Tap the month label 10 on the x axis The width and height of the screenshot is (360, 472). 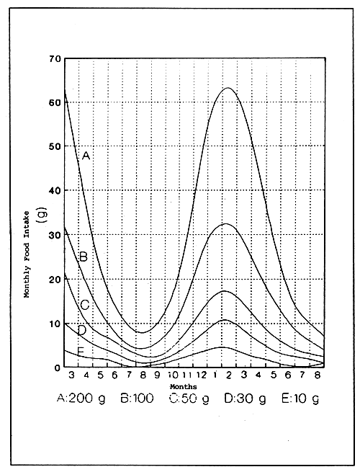point(174,375)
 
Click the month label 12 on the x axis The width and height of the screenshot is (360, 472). point(204,375)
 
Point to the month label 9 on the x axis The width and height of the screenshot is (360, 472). point(158,375)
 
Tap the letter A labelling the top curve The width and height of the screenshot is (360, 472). point(85,155)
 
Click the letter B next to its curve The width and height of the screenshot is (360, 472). point(84,256)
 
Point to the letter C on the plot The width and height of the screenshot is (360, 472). point(84,305)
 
